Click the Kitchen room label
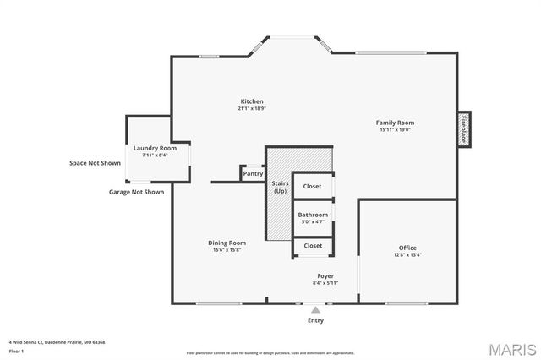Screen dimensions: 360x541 [252, 101]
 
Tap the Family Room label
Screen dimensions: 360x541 [395, 123]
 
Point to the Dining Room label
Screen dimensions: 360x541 [227, 243]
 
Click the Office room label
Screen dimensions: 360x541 [407, 248]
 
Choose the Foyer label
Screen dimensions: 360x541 [325, 276]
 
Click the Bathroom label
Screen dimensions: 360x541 [313, 215]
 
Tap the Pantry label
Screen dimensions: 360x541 [253, 174]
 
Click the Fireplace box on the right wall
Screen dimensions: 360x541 [464, 129]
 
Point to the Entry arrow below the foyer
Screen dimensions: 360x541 [315, 310]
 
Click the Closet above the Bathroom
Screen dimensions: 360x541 [313, 186]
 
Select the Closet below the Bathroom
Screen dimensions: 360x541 [313, 246]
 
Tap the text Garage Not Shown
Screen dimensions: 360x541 [136, 192]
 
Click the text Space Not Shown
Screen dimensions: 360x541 [95, 163]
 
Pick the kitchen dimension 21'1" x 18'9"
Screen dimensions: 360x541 [252, 108]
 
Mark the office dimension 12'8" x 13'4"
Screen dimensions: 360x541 [407, 254]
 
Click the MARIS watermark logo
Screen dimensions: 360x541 [506, 349]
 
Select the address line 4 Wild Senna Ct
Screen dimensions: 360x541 [57, 342]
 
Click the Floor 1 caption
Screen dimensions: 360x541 [17, 351]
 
